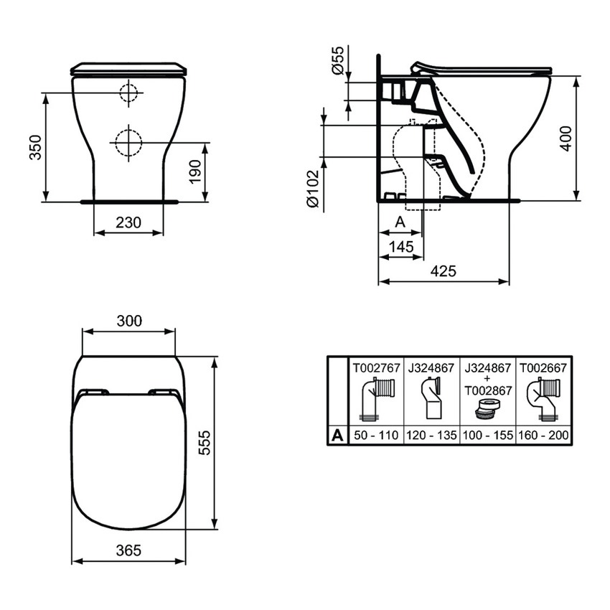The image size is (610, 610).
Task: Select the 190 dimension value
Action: [x=194, y=172]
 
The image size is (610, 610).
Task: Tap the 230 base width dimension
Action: [x=128, y=222]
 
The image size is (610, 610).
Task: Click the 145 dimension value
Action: [x=400, y=247]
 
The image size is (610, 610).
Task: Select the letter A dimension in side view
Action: [x=400, y=223]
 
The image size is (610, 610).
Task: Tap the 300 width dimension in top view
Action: [x=129, y=320]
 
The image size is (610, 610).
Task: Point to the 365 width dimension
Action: [x=128, y=550]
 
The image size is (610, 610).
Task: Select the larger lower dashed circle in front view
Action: [x=128, y=141]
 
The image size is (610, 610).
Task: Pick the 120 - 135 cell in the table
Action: [x=431, y=435]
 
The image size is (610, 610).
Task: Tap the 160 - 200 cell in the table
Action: [x=543, y=435]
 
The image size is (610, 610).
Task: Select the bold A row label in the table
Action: [x=337, y=435]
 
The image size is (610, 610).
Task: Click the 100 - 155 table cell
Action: [x=487, y=435]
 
